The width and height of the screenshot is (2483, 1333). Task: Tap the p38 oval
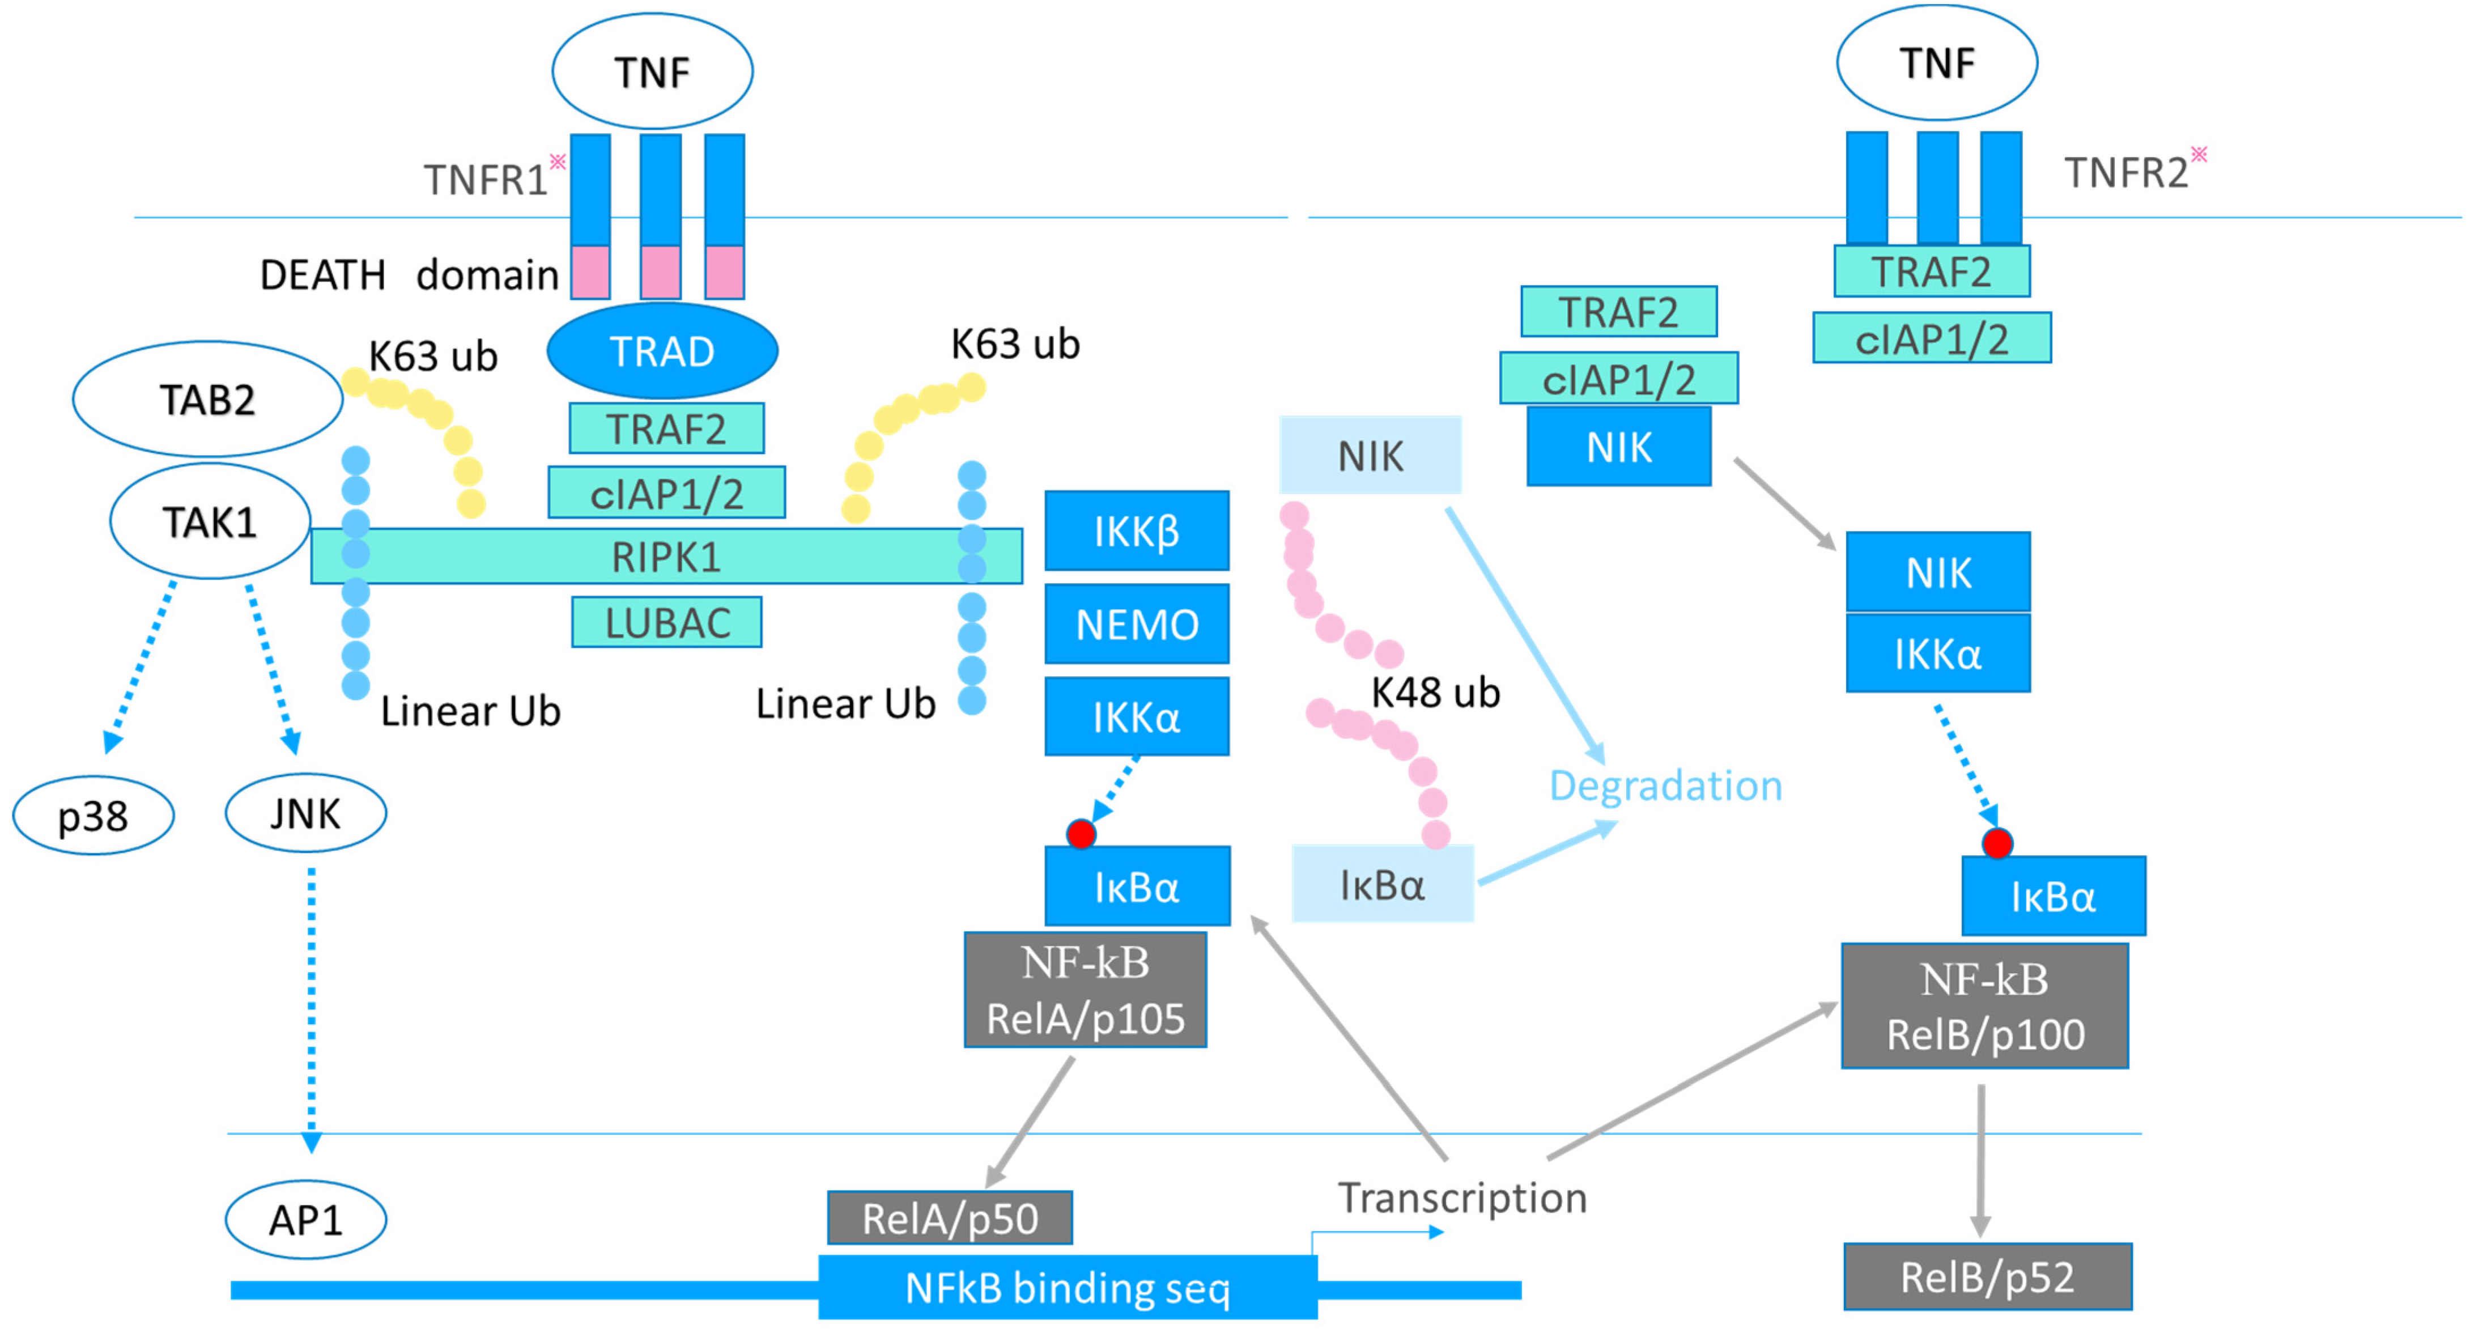point(93,816)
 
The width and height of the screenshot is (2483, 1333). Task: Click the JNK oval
point(305,813)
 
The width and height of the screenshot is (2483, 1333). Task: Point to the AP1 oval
point(305,1219)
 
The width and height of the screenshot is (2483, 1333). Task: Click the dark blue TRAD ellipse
point(662,351)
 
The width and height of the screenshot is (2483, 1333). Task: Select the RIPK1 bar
point(666,556)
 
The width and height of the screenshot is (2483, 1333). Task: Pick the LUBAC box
point(667,623)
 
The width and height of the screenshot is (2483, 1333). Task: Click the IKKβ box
point(1137,531)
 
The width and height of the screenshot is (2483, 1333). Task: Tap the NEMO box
point(1137,623)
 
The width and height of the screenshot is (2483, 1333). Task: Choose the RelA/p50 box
point(950,1219)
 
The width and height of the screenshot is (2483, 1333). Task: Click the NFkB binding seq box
point(1068,1288)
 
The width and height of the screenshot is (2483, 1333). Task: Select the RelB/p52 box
point(1988,1277)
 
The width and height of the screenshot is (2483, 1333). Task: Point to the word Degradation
point(1665,786)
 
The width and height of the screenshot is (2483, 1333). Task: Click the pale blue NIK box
point(1370,455)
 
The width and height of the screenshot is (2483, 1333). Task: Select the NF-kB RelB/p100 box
point(1985,1006)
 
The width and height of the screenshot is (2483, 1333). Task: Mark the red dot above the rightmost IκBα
point(1997,843)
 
